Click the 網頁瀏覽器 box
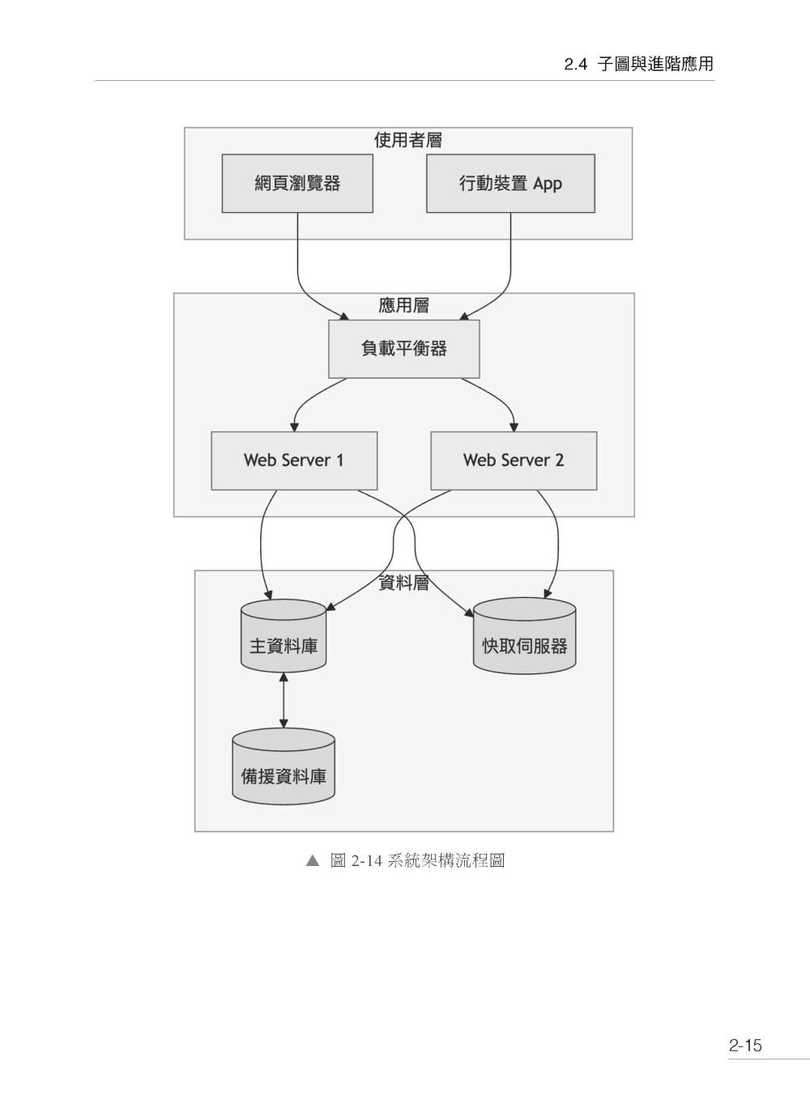297,184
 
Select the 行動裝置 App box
510,184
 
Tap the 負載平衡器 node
403,349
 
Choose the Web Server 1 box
294,460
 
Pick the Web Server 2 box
514,460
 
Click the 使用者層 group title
407,140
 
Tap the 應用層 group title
403,305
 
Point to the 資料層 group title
403,583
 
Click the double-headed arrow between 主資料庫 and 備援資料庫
283,699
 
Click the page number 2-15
745,1045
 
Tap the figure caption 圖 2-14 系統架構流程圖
417,860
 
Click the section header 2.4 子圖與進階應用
638,65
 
